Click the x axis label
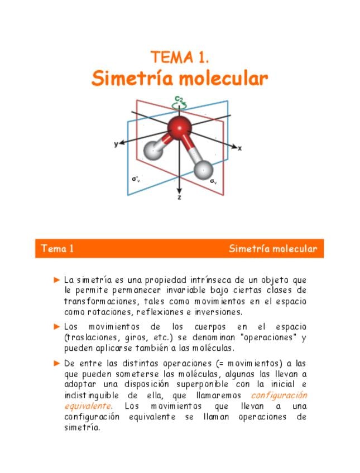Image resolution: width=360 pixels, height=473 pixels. [x=239, y=148]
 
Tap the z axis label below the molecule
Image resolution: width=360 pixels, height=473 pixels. [x=179, y=197]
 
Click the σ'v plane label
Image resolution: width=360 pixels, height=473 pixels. [x=136, y=179]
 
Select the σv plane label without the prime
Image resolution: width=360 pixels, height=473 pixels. [x=213, y=181]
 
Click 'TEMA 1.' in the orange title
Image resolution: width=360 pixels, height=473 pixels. [x=180, y=57]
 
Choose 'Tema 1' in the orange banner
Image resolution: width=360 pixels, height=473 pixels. [x=57, y=249]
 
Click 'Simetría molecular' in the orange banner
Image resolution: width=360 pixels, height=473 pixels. [x=272, y=249]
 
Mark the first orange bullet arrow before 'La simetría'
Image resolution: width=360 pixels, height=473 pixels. [x=57, y=279]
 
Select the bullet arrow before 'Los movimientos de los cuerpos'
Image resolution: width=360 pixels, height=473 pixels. [x=57, y=326]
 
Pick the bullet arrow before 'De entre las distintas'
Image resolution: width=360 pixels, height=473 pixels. [x=57, y=363]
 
